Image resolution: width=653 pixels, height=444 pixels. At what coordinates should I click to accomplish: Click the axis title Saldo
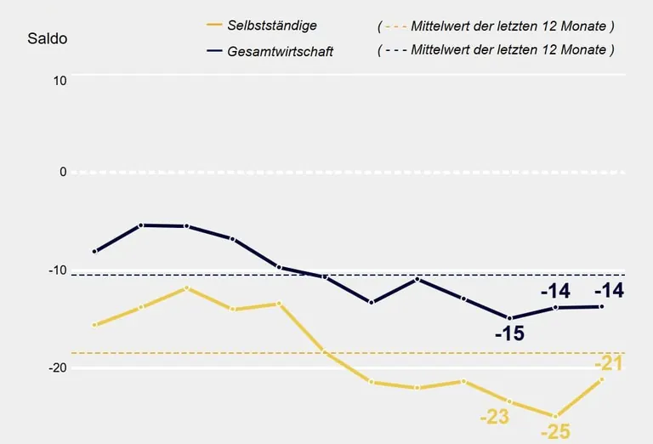click(48, 39)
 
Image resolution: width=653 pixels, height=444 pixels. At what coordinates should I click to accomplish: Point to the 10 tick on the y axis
click(60, 80)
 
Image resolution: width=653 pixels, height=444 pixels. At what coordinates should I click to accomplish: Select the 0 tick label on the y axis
click(62, 172)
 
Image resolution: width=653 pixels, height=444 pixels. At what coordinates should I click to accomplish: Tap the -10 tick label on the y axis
click(56, 270)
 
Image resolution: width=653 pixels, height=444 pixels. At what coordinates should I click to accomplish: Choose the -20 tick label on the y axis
click(56, 368)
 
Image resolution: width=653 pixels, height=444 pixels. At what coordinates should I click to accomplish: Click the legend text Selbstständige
click(272, 26)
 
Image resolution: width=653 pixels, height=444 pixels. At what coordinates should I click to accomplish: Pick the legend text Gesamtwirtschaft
click(281, 51)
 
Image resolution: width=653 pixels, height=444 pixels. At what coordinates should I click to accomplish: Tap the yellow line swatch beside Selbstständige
click(213, 26)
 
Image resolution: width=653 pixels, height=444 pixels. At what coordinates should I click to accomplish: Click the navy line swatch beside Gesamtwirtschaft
click(213, 51)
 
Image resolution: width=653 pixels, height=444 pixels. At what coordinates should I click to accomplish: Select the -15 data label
click(509, 333)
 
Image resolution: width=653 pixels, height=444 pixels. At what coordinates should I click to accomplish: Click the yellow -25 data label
click(554, 432)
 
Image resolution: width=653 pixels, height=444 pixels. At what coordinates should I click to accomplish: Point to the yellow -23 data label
click(494, 417)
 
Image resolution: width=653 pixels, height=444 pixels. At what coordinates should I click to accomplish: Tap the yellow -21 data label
click(609, 364)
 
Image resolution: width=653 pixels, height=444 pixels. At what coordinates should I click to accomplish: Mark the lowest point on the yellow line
click(555, 416)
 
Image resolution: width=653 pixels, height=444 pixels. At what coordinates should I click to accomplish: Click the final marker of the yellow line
click(602, 379)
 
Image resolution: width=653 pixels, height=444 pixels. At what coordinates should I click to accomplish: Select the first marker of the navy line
click(94, 252)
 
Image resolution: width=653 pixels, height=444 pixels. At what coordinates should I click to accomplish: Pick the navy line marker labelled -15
click(510, 318)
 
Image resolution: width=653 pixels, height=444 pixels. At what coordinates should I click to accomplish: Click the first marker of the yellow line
click(94, 325)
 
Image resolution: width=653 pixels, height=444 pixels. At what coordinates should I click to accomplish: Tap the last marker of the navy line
click(602, 306)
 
